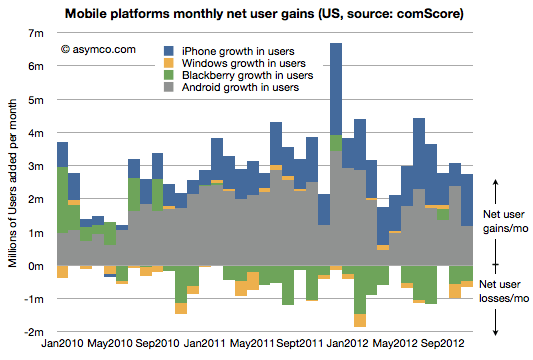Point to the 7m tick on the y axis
39,33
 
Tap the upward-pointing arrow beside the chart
498,191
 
